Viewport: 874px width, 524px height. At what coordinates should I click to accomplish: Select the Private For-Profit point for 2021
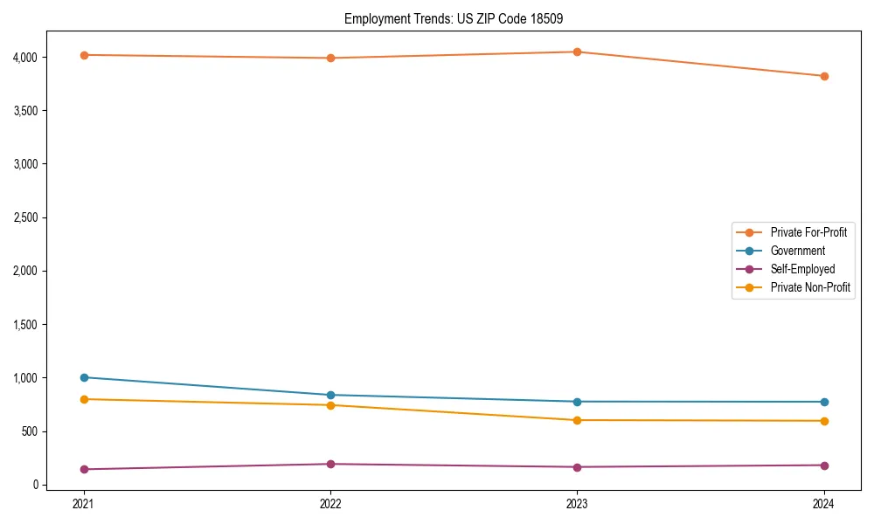tap(84, 55)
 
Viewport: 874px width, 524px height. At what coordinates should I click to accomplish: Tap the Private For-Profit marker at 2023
tap(578, 52)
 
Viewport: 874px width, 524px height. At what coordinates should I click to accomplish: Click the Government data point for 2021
tap(84, 377)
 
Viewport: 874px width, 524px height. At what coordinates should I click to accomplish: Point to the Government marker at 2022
tap(330, 395)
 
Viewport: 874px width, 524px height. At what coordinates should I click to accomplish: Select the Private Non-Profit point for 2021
tap(84, 399)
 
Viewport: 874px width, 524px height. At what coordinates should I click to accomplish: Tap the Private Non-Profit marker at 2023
tap(578, 420)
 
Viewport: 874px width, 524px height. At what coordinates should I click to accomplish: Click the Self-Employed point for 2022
tap(330, 464)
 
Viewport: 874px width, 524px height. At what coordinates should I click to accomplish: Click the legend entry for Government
tap(797, 251)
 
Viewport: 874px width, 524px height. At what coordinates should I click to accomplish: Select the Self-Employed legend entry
tap(802, 269)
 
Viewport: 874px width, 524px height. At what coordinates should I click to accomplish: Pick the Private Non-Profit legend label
tap(810, 287)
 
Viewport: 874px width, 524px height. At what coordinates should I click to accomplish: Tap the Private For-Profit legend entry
tap(808, 232)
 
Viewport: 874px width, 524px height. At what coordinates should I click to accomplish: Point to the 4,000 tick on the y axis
tap(25, 58)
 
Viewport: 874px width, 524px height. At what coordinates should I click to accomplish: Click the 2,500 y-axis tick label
tap(25, 217)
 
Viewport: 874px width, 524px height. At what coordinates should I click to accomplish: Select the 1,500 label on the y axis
tap(25, 325)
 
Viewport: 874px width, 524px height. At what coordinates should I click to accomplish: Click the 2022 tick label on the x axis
tap(330, 503)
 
